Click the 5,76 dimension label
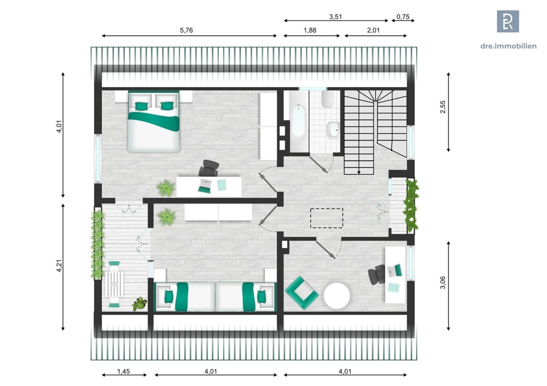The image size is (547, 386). click(186, 30)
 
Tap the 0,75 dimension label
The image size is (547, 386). click(403, 17)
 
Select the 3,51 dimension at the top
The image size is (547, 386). click(335, 16)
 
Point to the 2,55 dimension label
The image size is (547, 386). click(443, 107)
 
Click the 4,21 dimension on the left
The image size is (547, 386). click(59, 266)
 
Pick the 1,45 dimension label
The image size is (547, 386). click(124, 371)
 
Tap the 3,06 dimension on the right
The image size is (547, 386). click(443, 282)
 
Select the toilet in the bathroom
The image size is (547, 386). click(327, 99)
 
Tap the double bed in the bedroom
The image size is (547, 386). click(154, 122)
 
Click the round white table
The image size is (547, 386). click(337, 296)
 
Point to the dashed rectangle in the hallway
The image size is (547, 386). click(326, 218)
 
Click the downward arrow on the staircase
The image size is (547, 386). click(359, 172)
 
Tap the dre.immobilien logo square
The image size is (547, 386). click(508, 21)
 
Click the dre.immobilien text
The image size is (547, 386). click(508, 46)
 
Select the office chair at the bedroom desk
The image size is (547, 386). click(209, 168)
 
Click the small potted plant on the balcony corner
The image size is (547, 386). click(139, 304)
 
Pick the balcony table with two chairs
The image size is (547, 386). click(114, 284)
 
